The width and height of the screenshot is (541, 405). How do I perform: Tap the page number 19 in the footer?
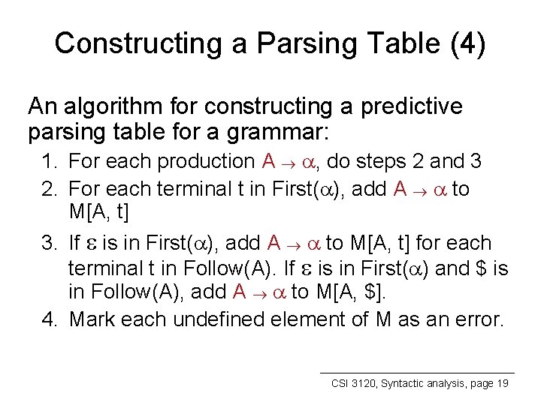(x=502, y=383)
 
